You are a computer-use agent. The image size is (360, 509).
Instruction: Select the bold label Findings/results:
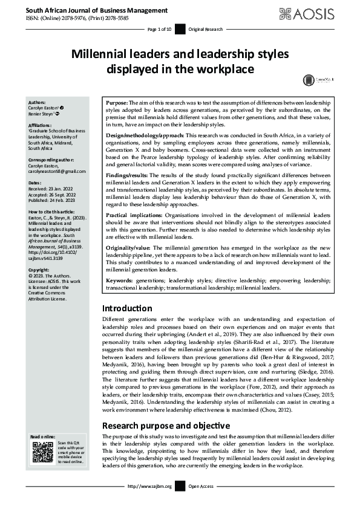point(125,175)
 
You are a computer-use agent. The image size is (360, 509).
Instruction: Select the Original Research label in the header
point(206,29)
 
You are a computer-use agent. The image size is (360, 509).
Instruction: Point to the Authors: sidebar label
point(37,103)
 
